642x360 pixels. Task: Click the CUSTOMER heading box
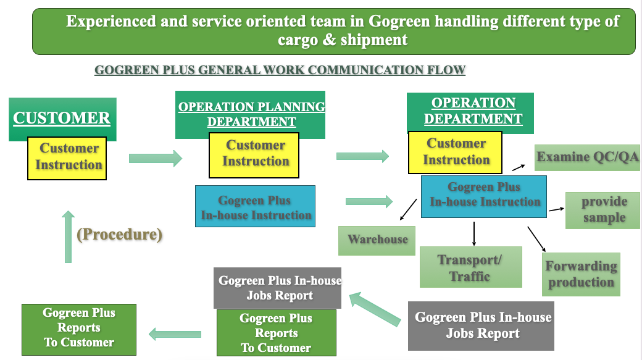click(x=62, y=118)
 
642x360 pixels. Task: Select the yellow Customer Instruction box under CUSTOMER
click(x=67, y=158)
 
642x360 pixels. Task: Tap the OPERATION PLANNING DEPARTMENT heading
click(x=251, y=114)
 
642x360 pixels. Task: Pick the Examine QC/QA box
click(x=587, y=157)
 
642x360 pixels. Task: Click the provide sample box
click(x=602, y=210)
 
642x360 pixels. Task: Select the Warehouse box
click(x=377, y=240)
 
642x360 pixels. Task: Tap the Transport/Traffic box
click(x=470, y=267)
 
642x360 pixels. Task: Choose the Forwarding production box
click(x=582, y=274)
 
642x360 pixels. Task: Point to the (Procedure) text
click(x=119, y=235)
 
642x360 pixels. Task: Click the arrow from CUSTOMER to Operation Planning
click(x=155, y=159)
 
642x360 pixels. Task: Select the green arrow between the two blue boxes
click(x=369, y=201)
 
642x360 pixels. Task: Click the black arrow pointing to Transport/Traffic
click(x=474, y=233)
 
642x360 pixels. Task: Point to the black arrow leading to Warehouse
click(x=408, y=209)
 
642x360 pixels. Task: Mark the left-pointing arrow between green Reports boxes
click(x=175, y=334)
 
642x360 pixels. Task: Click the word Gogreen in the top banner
click(x=399, y=22)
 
